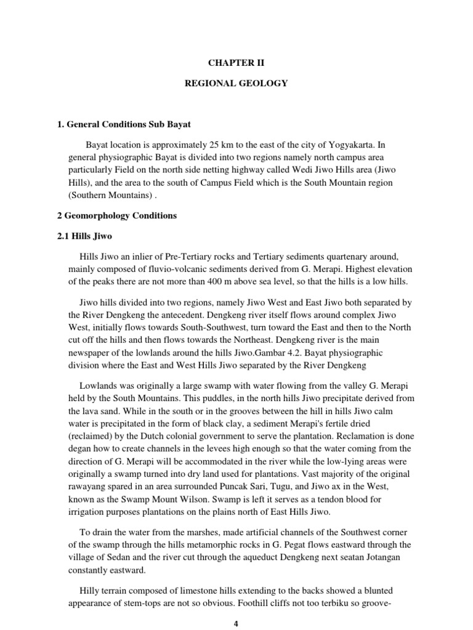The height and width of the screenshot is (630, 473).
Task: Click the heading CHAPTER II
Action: point(236,62)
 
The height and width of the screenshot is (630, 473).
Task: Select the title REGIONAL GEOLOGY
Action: point(236,83)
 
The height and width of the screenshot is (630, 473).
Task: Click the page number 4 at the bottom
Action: point(236,624)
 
